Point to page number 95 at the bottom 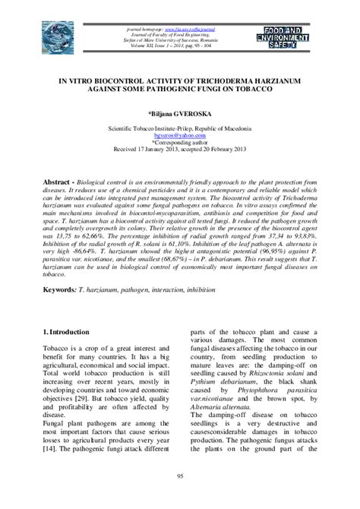(179, 475)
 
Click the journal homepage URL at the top (169, 28)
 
